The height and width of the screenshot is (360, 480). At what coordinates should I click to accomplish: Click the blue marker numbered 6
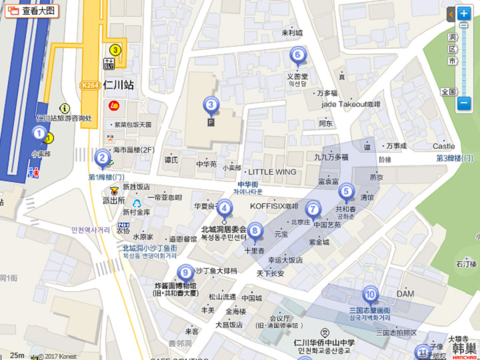[x=297, y=55]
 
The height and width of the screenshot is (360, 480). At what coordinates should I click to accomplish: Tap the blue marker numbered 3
[x=211, y=104]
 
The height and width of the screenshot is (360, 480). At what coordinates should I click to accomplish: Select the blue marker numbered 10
[x=370, y=293]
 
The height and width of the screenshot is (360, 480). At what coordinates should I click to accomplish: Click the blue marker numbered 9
[x=185, y=272]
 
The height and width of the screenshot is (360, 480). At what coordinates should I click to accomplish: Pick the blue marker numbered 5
[x=345, y=192]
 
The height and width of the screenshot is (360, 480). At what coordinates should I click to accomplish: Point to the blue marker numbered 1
[x=39, y=134]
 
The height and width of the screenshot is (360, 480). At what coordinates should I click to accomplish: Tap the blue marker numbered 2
[x=102, y=158]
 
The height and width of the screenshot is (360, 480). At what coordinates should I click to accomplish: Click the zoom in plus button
[x=464, y=13]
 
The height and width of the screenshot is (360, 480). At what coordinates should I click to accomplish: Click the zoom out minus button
[x=464, y=103]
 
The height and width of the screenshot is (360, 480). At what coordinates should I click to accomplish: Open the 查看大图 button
[x=32, y=11]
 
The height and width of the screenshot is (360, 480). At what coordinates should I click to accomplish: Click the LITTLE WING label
[x=272, y=172]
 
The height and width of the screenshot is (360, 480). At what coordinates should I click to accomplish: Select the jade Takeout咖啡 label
[x=351, y=105]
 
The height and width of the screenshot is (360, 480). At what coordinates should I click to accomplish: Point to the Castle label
[x=443, y=146]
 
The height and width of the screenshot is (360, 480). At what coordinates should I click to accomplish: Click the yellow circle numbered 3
[x=115, y=50]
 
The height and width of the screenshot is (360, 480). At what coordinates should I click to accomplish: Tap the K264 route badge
[x=90, y=85]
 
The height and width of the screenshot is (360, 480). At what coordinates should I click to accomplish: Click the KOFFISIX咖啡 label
[x=275, y=206]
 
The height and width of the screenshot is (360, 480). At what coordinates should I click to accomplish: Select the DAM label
[x=405, y=293]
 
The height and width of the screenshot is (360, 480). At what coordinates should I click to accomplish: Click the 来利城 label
[x=292, y=33]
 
